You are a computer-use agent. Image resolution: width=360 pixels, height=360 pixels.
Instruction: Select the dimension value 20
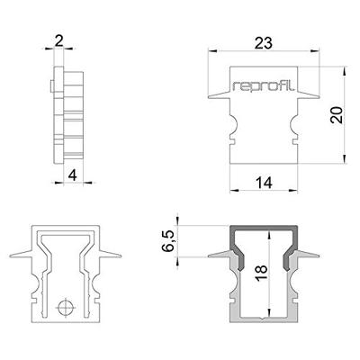[x=336, y=115]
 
